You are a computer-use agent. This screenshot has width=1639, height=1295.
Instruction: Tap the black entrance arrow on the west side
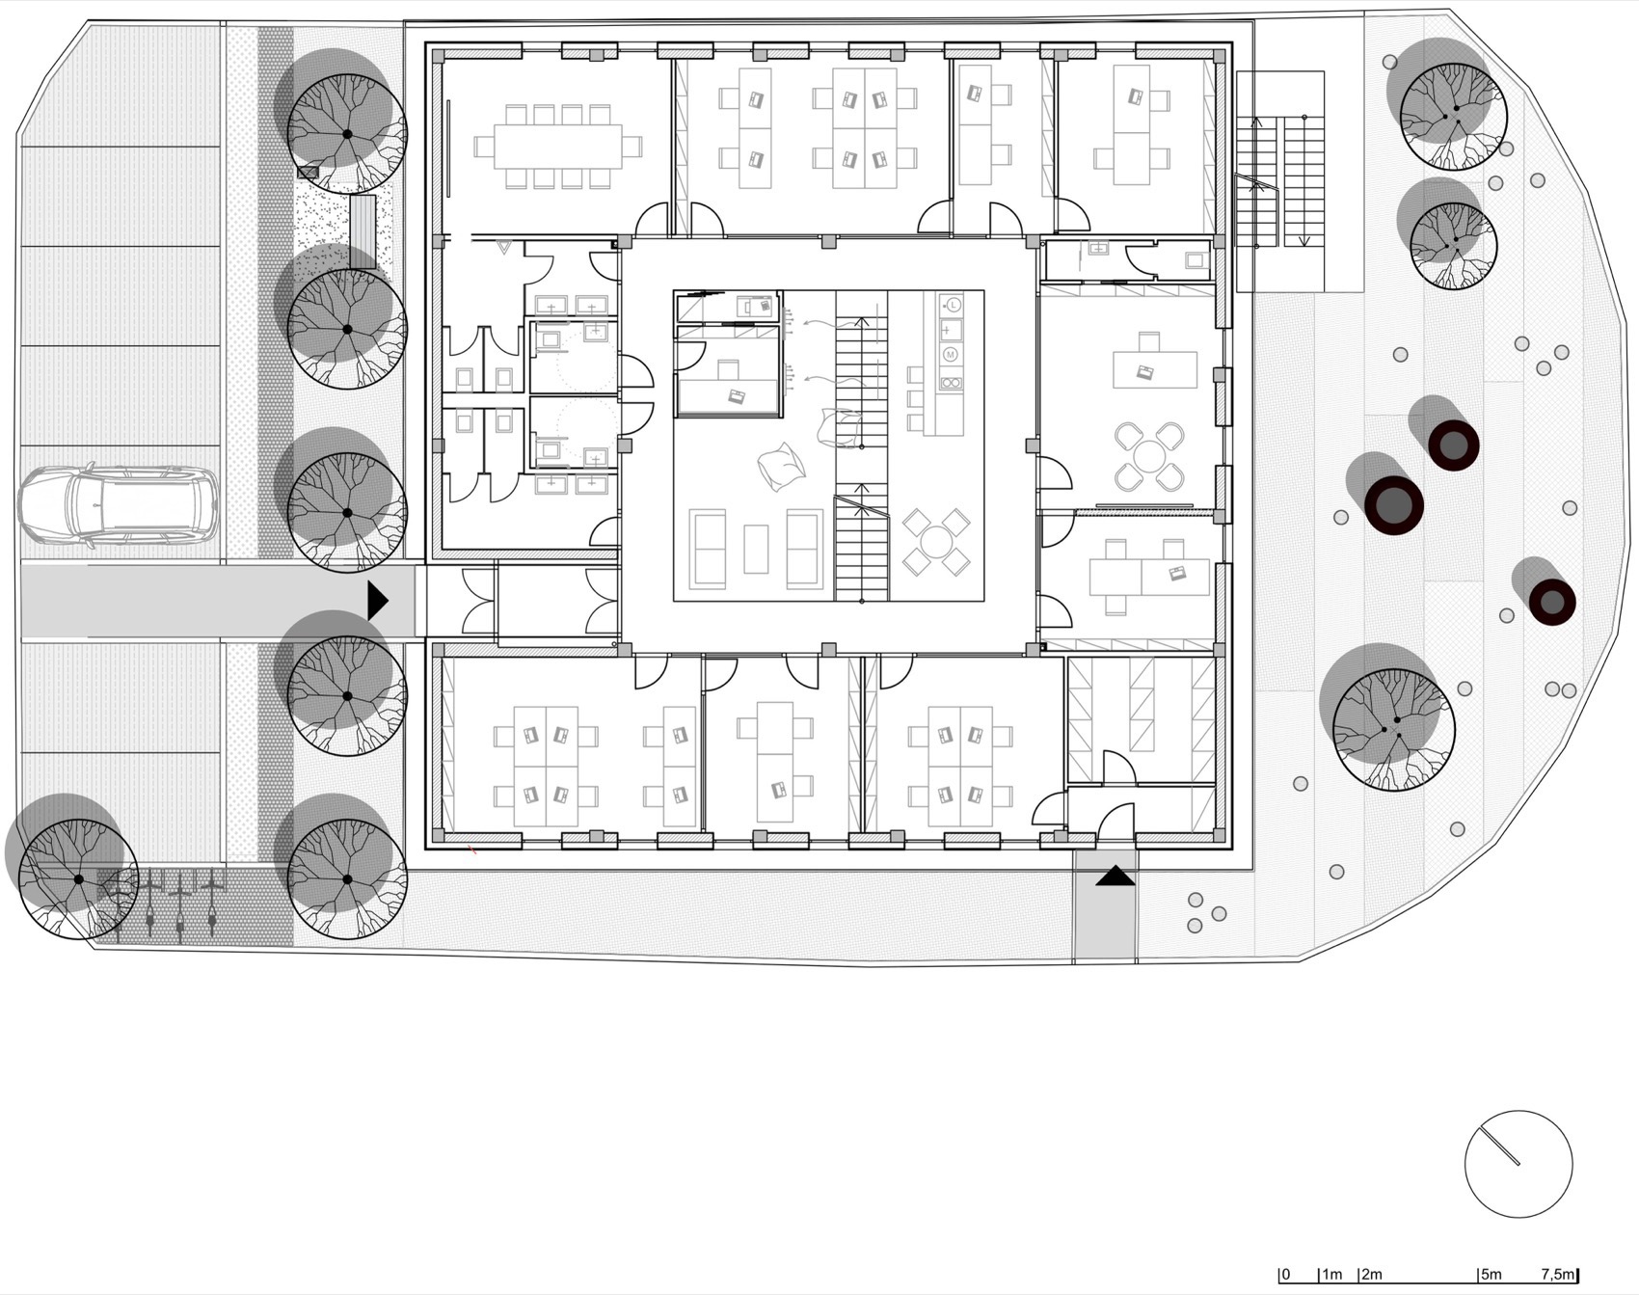click(377, 601)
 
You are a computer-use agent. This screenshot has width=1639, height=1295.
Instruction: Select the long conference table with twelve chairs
click(557, 147)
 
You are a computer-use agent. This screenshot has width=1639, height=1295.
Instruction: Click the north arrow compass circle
click(1518, 1163)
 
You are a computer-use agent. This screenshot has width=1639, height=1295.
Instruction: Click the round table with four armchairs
click(1148, 455)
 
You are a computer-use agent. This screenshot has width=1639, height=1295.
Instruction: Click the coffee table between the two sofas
click(757, 549)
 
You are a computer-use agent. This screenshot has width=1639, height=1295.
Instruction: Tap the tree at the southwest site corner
click(78, 878)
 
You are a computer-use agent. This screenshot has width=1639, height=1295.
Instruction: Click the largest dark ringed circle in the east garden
click(1393, 504)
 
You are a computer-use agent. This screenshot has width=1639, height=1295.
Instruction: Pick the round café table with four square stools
click(935, 542)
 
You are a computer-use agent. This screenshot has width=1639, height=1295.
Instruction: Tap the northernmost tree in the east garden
click(1452, 116)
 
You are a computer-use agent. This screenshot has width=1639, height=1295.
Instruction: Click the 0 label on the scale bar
click(1286, 1274)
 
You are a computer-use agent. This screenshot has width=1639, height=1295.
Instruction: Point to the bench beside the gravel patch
click(363, 231)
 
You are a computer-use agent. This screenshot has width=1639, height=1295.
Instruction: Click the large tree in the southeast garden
click(1393, 728)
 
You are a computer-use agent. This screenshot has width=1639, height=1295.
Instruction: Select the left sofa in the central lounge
click(709, 549)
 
